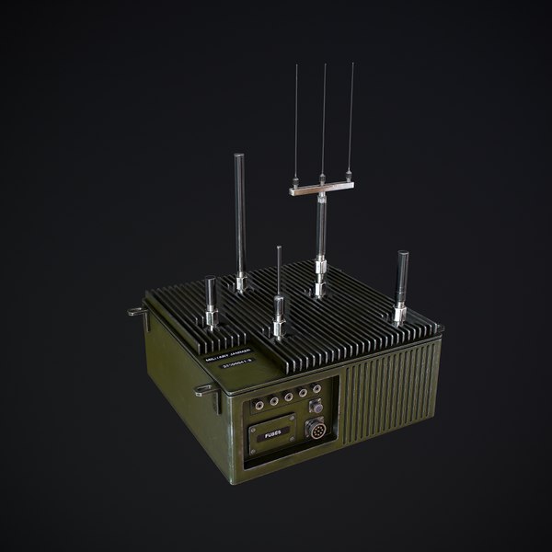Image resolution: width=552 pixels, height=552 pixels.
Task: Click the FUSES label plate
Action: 272,428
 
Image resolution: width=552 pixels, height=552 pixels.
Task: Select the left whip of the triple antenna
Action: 296,120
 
